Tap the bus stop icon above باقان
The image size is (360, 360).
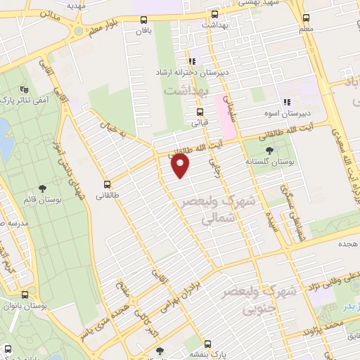click(x=144, y=20)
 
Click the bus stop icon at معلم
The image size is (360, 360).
click(x=306, y=19)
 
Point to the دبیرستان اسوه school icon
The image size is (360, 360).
click(x=286, y=101)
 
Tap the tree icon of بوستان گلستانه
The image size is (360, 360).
click(x=270, y=150)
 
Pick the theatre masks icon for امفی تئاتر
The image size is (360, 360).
click(x=25, y=90)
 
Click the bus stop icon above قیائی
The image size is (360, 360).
click(x=200, y=111)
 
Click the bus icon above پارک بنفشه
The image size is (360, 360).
click(x=207, y=344)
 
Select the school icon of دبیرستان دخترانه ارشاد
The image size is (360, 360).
click(x=191, y=61)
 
